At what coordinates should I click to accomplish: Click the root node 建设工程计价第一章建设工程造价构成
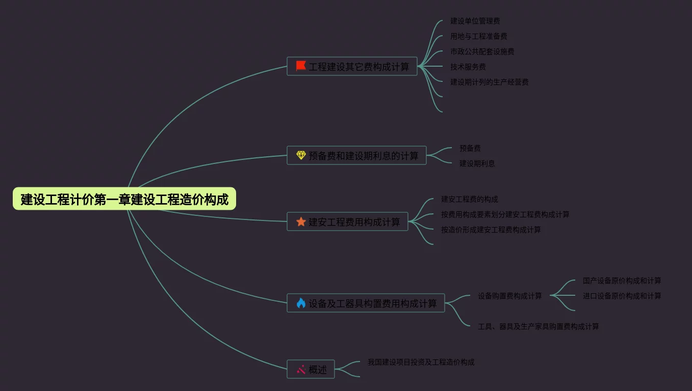[124, 199]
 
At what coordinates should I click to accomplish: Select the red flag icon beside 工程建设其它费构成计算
[301, 66]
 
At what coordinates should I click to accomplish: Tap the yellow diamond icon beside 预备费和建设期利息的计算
[301, 155]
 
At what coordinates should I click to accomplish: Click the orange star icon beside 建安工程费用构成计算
[301, 222]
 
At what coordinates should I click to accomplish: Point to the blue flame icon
[301, 303]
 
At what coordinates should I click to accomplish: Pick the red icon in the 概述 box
[301, 370]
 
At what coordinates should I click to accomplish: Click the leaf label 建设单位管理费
[475, 21]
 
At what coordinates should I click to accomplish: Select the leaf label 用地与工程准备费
[478, 36]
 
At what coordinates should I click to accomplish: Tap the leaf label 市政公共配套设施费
[482, 51]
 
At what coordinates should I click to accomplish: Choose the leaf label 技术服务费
[468, 67]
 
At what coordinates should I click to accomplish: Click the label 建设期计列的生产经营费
[489, 82]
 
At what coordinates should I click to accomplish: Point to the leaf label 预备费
[470, 148]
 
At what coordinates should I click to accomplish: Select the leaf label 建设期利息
[477, 163]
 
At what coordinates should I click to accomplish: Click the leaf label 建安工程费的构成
[469, 199]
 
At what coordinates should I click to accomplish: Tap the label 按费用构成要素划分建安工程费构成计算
[505, 214]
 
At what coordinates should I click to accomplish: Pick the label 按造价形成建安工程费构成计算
[491, 230]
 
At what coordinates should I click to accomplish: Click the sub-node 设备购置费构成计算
[509, 296]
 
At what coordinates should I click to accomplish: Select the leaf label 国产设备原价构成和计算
[622, 281]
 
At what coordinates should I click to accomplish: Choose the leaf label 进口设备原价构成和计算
[622, 296]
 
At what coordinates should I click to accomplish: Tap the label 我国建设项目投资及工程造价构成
[421, 362]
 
